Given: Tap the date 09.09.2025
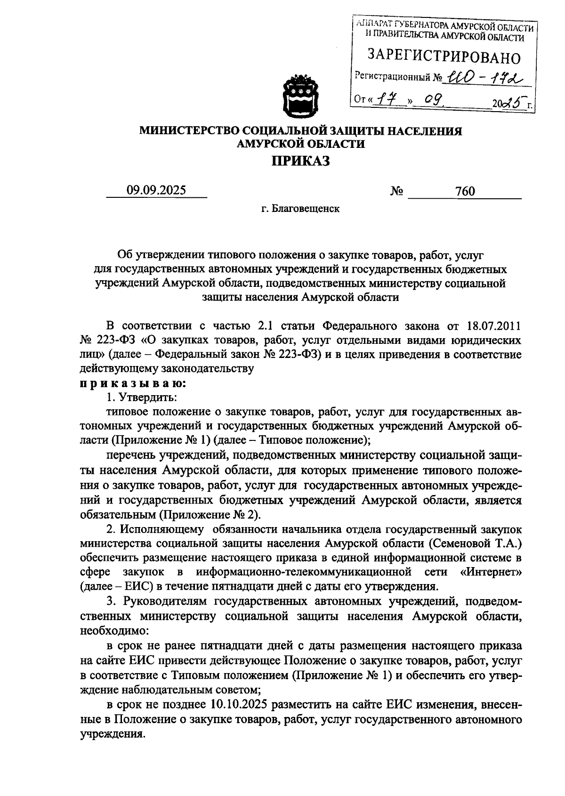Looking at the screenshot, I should pyautogui.click(x=156, y=190).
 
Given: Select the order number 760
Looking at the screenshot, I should pyautogui.click(x=465, y=191).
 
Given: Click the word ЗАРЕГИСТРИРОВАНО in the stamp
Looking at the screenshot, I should pyautogui.click(x=444, y=57).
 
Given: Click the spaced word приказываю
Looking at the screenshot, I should pyautogui.click(x=132, y=383).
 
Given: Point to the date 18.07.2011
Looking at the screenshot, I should pyautogui.click(x=494, y=325).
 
